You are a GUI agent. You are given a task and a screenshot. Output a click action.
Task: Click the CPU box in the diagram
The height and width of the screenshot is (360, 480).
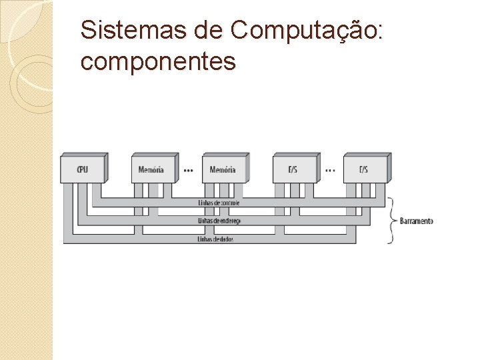pos(83,169)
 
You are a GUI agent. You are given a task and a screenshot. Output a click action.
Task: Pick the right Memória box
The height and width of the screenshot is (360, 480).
pos(224,169)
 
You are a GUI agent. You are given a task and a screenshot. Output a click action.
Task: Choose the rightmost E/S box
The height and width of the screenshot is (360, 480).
pos(365,169)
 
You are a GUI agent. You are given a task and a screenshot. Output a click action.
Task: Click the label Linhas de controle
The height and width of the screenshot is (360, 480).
pos(219,203)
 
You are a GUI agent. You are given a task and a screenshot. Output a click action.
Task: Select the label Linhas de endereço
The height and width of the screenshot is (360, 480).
pos(219,221)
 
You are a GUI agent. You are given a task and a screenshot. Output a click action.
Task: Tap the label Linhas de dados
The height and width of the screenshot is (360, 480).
pos(215,239)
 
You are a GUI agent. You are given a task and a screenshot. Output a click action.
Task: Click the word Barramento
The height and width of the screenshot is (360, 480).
pos(417,221)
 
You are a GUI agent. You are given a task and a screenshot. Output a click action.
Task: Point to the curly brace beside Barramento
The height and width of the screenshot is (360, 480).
pos(393,221)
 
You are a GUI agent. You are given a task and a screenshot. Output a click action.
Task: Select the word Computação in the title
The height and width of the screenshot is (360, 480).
pos(302,31)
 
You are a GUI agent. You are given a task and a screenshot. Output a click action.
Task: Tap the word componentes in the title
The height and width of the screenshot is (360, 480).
pos(158,61)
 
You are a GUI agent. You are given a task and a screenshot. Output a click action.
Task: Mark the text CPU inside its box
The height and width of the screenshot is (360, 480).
pos(83,169)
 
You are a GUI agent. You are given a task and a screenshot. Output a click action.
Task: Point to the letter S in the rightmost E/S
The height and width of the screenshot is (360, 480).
pos(366,169)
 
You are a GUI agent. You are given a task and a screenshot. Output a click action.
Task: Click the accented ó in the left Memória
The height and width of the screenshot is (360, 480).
pos(155,169)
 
